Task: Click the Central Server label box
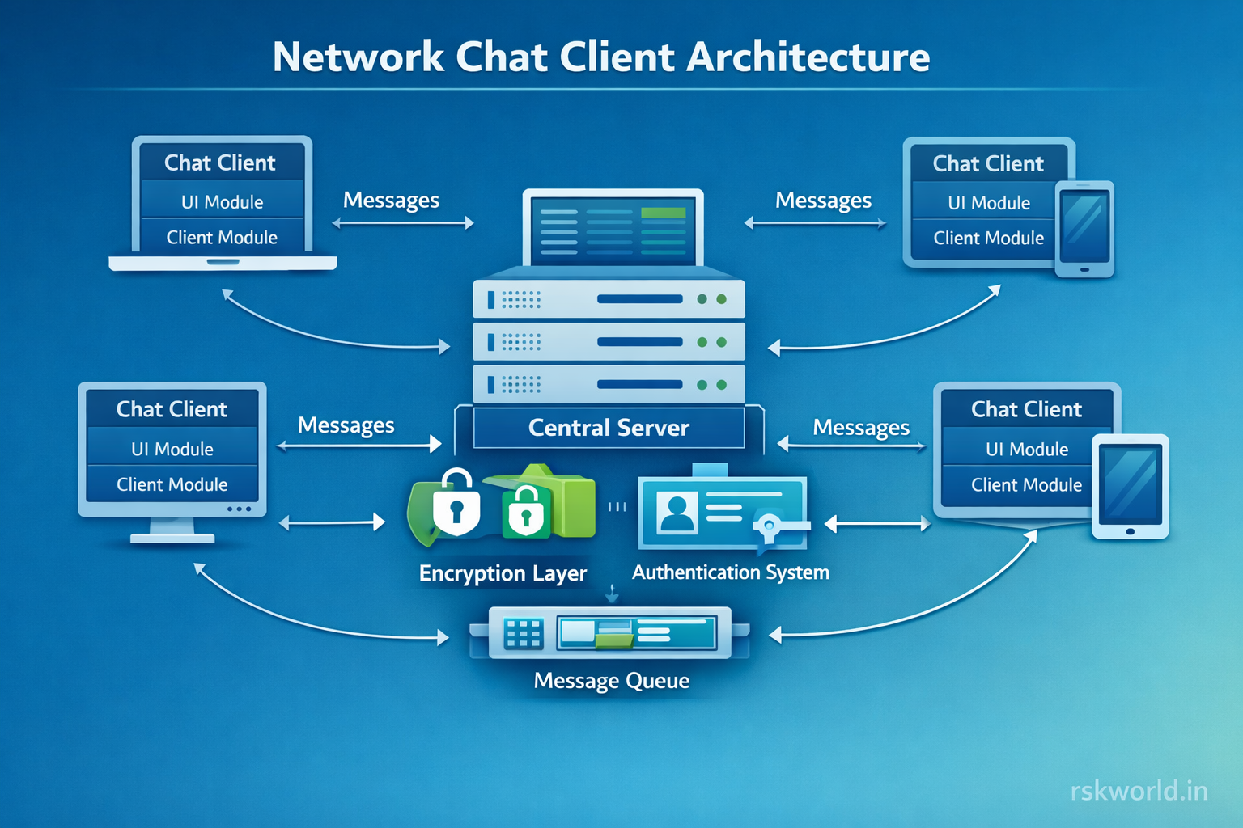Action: [x=609, y=428]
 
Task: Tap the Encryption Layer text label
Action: [x=503, y=573]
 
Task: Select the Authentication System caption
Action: [x=730, y=572]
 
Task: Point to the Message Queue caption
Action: [x=611, y=681]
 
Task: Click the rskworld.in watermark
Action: [x=1139, y=790]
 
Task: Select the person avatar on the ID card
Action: [x=677, y=513]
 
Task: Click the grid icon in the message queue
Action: [x=523, y=634]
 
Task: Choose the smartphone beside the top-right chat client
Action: [x=1084, y=229]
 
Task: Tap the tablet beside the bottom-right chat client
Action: [x=1131, y=486]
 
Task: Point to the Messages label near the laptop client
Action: [x=391, y=200]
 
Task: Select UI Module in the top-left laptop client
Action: [x=222, y=202]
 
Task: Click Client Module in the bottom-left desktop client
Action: [x=172, y=484]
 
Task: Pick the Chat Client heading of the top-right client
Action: [x=988, y=163]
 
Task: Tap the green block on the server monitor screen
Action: [x=663, y=213]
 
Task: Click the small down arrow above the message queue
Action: [x=612, y=594]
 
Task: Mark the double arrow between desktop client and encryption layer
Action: [x=332, y=523]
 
